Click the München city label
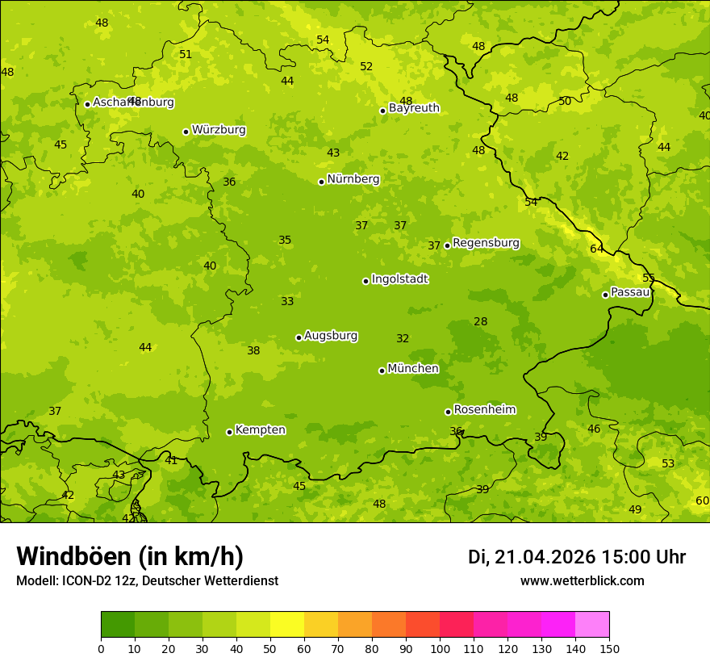pyautogui.click(x=413, y=369)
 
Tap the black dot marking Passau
pyautogui.click(x=605, y=295)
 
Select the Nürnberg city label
pyautogui.click(x=353, y=179)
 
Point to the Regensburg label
pyautogui.click(x=486, y=243)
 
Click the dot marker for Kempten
pyautogui.click(x=229, y=432)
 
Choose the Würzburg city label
pyautogui.click(x=219, y=130)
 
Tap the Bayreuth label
pyautogui.click(x=414, y=108)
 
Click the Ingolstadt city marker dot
pyautogui.click(x=365, y=281)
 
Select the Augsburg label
pyautogui.click(x=331, y=336)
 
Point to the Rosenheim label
pyautogui.click(x=484, y=410)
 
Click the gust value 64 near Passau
pyautogui.click(x=597, y=249)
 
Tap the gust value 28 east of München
pyautogui.click(x=481, y=321)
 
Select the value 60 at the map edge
pyautogui.click(x=702, y=500)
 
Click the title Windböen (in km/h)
pyautogui.click(x=130, y=556)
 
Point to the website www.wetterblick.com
pyautogui.click(x=582, y=580)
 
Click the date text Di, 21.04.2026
pyautogui.click(x=532, y=557)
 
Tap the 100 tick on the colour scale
pyautogui.click(x=440, y=649)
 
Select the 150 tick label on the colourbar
pyautogui.click(x=609, y=649)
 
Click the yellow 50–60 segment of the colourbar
pyautogui.click(x=287, y=625)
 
